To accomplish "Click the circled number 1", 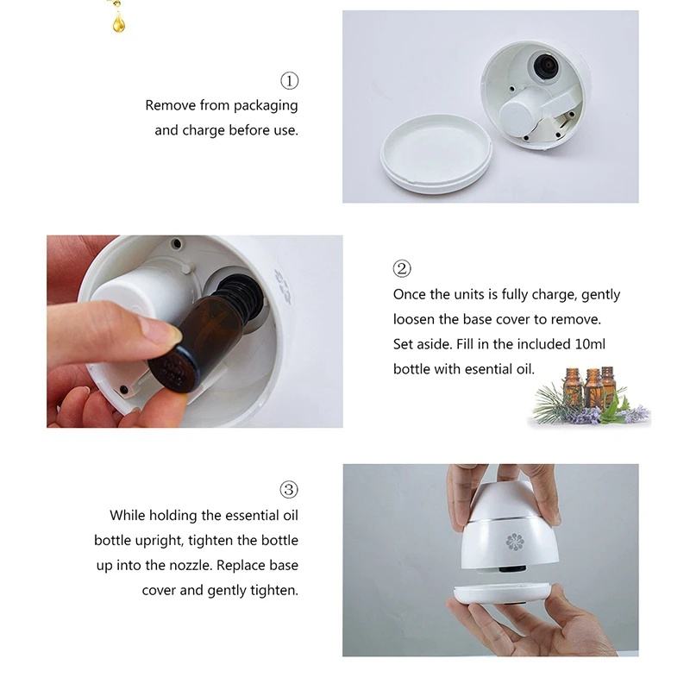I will click(x=290, y=81).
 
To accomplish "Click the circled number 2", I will click(x=402, y=269).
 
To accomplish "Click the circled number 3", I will click(x=290, y=490).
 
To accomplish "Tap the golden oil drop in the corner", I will click(x=118, y=21).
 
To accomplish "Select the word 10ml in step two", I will click(x=589, y=343).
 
